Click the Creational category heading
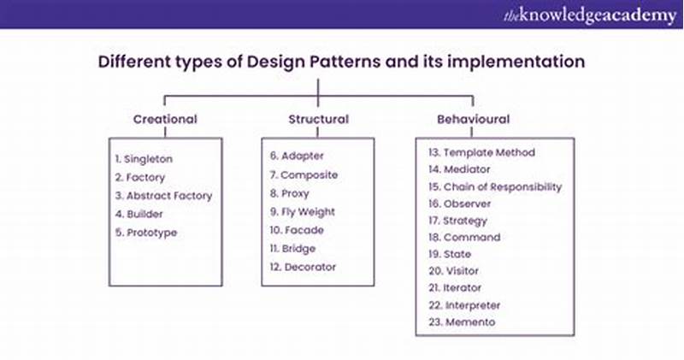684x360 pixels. (165, 119)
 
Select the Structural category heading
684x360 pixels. (317, 119)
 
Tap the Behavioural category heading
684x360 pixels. (473, 119)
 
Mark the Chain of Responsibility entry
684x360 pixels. (495, 186)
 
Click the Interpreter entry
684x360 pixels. (471, 305)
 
